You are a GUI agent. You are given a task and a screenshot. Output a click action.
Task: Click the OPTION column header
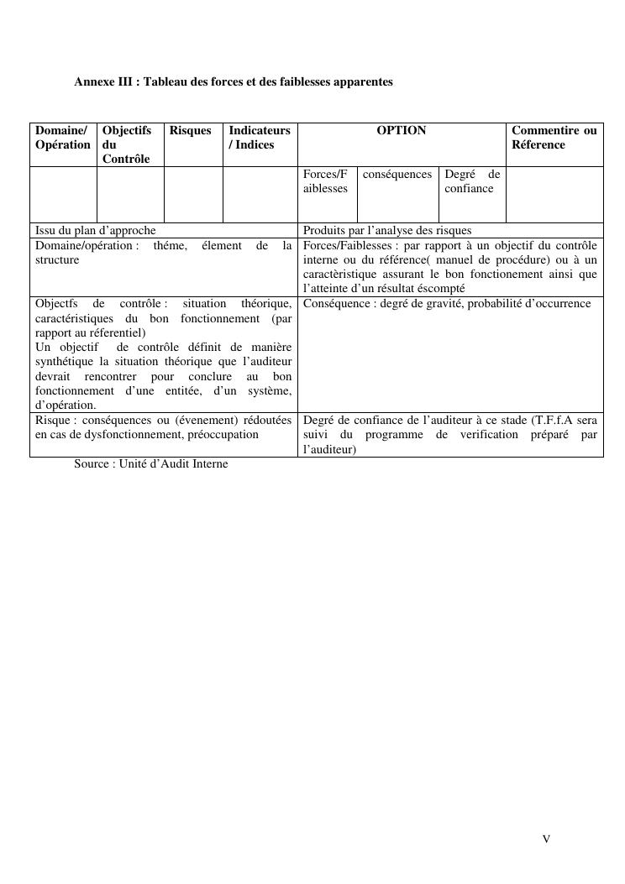[x=402, y=131]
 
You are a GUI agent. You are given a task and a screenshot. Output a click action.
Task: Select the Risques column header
[x=191, y=131]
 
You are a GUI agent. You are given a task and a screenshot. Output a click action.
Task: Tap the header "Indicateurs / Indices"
[x=260, y=138]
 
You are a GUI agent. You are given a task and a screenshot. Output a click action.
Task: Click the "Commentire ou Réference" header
[x=554, y=138]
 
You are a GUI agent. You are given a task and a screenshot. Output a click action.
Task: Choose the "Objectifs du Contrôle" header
[x=127, y=144]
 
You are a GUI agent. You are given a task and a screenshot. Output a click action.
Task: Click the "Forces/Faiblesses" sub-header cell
[x=325, y=181]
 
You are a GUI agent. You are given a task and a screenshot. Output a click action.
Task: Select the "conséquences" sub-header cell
[x=397, y=175]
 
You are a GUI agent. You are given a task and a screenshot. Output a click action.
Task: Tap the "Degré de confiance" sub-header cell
[x=471, y=181]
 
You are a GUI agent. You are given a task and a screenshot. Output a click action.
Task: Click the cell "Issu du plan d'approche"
[x=96, y=230]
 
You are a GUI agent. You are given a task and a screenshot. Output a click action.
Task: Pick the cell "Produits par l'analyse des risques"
[x=387, y=230]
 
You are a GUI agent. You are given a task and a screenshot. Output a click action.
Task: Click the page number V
[x=546, y=839]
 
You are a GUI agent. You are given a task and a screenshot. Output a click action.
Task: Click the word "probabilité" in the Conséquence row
[x=494, y=303]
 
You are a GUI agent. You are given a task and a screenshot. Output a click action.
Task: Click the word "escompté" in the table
[x=440, y=288]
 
